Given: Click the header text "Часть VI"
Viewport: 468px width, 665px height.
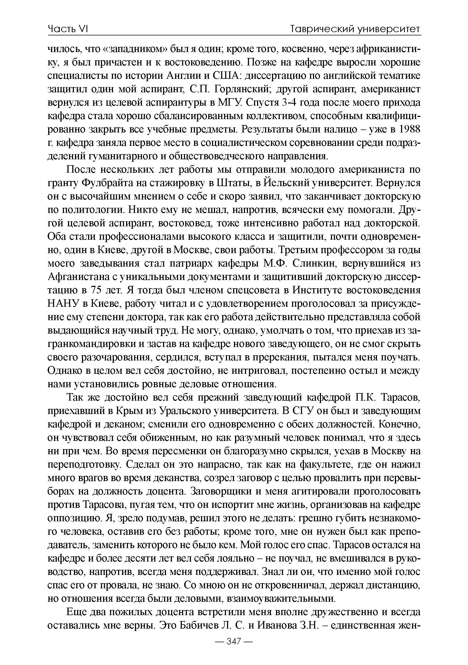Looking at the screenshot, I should pos(68,29).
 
